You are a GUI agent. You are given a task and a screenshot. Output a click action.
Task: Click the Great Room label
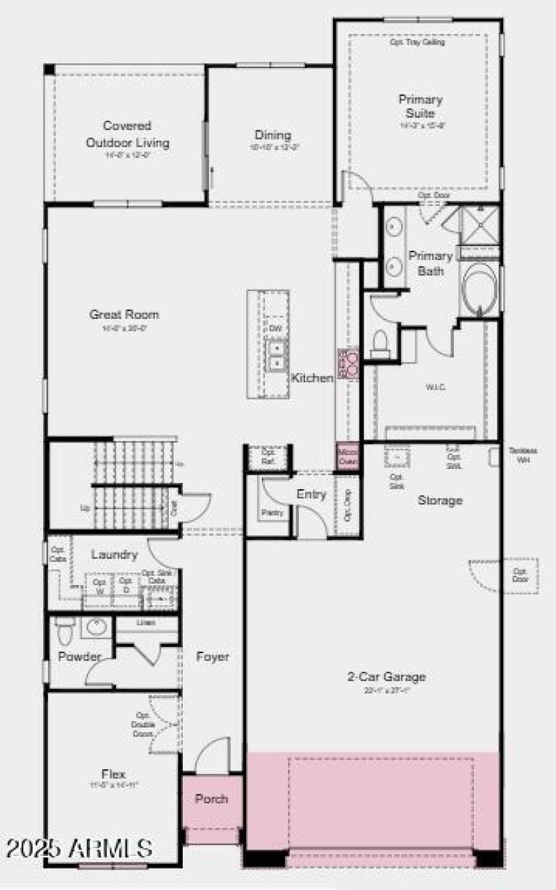124,314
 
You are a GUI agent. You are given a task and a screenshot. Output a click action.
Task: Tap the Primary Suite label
420,106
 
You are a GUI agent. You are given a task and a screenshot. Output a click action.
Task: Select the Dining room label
272,135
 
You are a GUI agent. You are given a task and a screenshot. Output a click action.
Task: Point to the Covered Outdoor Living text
127,134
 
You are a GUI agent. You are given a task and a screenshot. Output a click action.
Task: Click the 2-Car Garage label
386,676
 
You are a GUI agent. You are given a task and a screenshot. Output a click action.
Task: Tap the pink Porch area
211,799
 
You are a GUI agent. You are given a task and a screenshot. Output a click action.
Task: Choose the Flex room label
113,773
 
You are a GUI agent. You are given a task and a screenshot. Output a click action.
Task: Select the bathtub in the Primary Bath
480,288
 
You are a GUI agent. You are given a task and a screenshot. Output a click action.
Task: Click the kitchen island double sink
276,353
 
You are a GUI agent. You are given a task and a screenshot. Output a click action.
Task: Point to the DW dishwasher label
275,328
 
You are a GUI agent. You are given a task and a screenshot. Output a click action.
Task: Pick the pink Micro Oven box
347,455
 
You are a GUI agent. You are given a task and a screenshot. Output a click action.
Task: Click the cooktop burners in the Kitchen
347,361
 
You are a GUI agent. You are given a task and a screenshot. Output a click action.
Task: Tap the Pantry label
271,513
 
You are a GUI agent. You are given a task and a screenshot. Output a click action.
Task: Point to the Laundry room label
114,554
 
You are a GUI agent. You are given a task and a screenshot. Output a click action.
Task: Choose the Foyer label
212,657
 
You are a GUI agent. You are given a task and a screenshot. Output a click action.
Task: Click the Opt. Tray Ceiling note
417,42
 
